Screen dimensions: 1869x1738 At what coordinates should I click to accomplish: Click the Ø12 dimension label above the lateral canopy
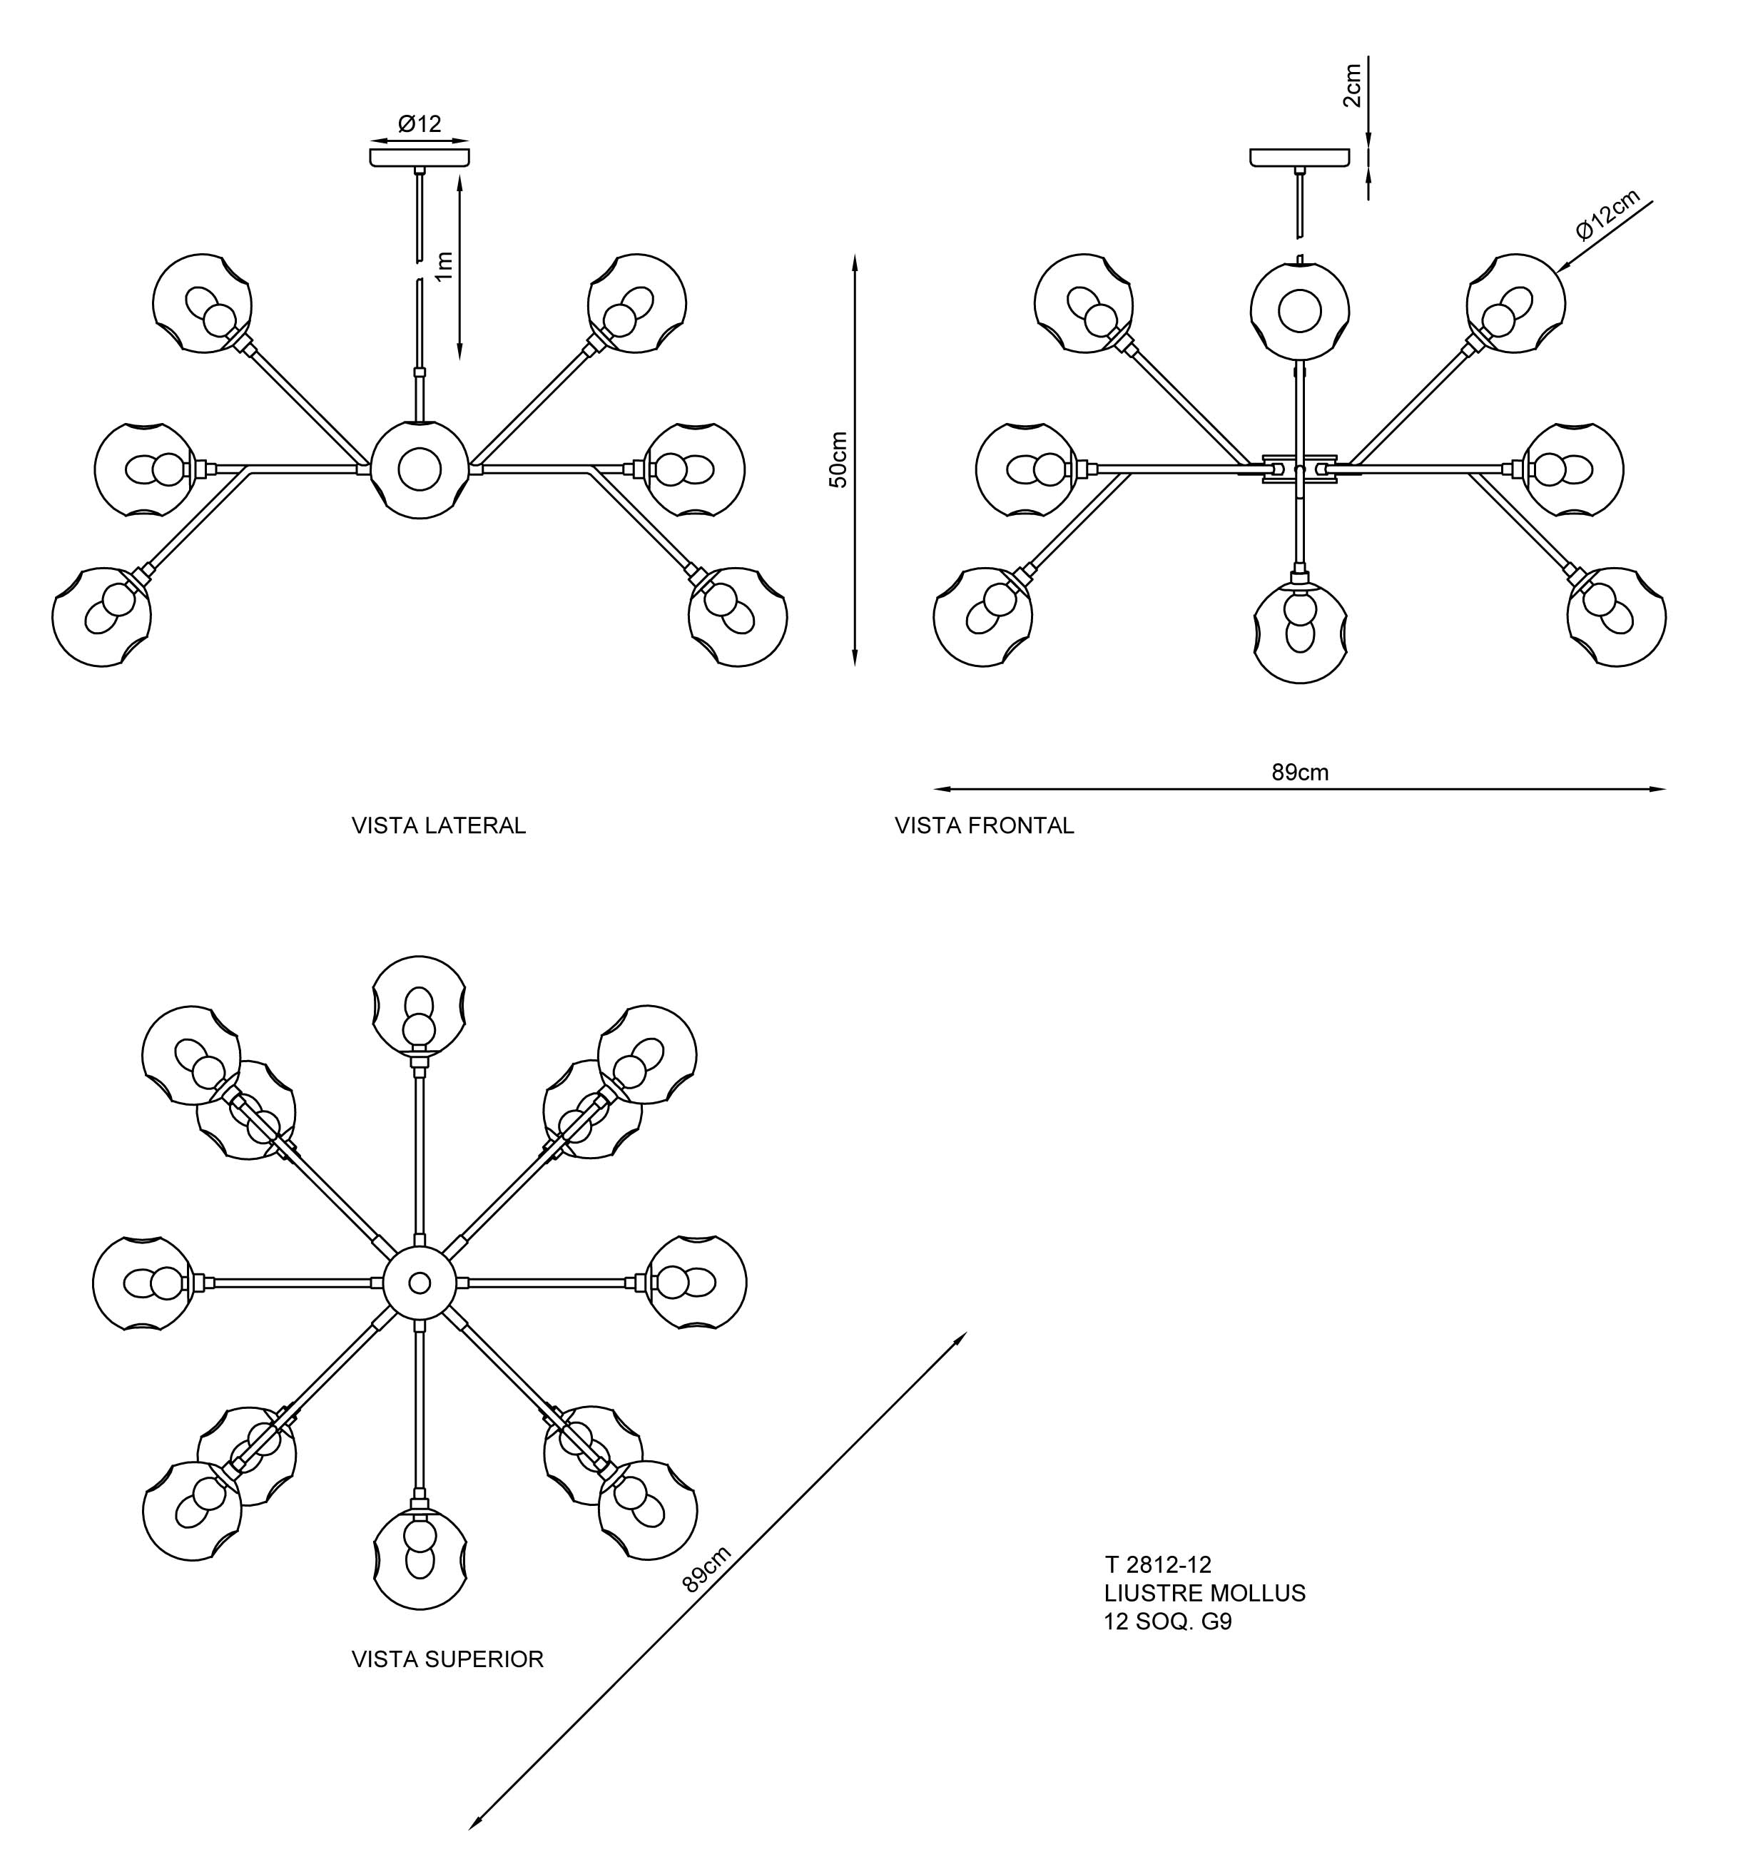click(x=420, y=124)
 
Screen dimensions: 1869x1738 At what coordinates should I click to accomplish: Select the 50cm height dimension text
click(x=838, y=459)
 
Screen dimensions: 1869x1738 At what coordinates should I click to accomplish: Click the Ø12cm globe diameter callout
click(x=1608, y=214)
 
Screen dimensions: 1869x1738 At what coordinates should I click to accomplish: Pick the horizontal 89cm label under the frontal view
click(x=1300, y=773)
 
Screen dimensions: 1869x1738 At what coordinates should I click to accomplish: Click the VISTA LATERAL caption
click(x=438, y=825)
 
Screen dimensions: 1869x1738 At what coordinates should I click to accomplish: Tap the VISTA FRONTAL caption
click(x=984, y=825)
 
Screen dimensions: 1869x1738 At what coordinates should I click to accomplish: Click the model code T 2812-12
click(x=1158, y=1564)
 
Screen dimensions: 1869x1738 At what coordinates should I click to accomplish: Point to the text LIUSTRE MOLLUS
click(x=1205, y=1593)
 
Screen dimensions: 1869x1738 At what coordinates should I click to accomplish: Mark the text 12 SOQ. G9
click(x=1167, y=1621)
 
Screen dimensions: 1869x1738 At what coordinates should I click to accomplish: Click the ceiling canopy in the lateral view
click(x=420, y=157)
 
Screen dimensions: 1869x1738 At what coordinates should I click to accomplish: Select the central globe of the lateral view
click(x=420, y=469)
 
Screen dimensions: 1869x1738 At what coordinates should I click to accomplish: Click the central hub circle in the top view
click(x=420, y=1283)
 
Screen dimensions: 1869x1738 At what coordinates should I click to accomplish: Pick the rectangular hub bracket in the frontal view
click(x=1300, y=467)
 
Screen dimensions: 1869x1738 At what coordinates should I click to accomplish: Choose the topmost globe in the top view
click(x=420, y=1004)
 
